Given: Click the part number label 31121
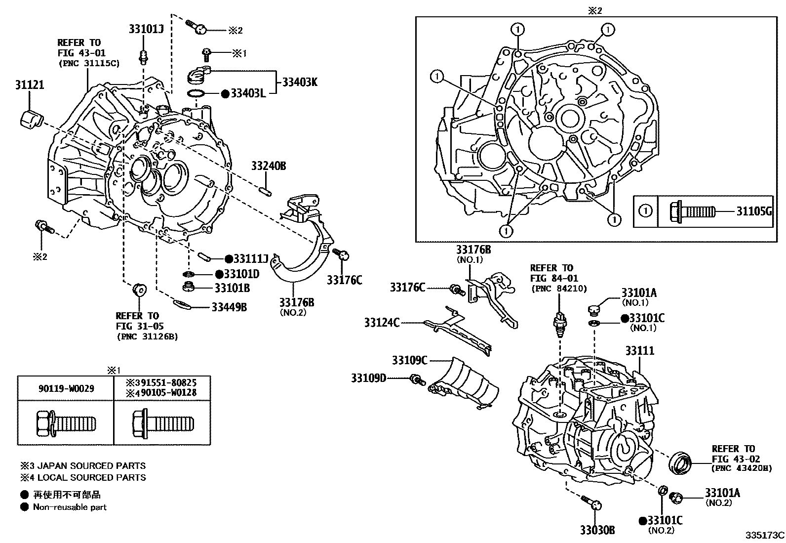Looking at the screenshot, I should click(29, 85).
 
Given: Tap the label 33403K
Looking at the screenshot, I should click(300, 82).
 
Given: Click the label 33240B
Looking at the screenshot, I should click(268, 166).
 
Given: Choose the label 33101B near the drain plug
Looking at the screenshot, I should click(232, 288).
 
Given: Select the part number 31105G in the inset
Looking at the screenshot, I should click(753, 211).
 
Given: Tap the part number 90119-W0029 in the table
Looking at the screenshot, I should click(66, 389).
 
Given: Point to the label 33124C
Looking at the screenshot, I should click(382, 323).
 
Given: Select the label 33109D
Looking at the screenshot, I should click(368, 378).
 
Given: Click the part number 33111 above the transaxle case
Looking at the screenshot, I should click(639, 351).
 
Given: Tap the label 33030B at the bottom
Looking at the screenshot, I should click(597, 530).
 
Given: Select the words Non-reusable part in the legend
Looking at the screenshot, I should click(70, 507).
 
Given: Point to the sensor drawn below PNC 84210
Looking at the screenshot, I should click(559, 324).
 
